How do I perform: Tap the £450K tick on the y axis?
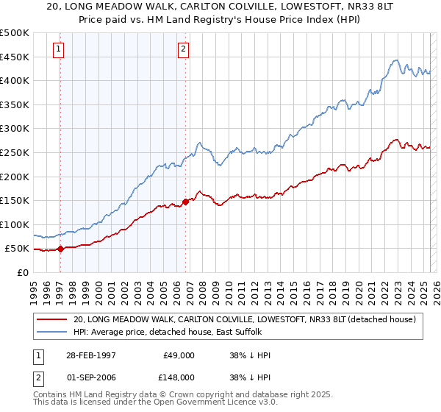pyautogui.click(x=15, y=57)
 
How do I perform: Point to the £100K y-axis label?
pyautogui.click(x=15, y=224)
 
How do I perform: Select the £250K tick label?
pyautogui.click(x=15, y=152)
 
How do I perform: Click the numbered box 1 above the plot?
pyautogui.click(x=58, y=50)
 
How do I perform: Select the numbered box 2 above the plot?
pyautogui.click(x=183, y=50)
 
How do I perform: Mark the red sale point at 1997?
pyautogui.click(x=61, y=249)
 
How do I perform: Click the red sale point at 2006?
pyautogui.click(x=185, y=202)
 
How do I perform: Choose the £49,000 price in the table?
pyautogui.click(x=179, y=355)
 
